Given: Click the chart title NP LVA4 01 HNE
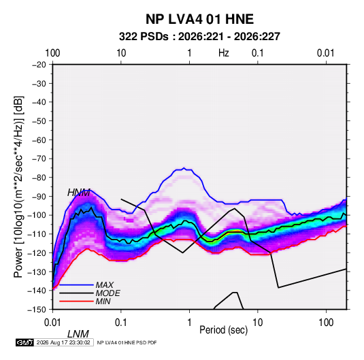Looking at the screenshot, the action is pos(199,19).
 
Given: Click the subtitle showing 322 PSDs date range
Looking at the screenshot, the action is pos(199,37).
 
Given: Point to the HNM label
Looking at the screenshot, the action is pos(79,193).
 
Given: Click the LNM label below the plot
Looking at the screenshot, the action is pos(78,334).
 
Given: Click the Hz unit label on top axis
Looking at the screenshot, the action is pos(224,53).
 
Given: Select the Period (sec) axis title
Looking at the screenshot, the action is pos(224,330).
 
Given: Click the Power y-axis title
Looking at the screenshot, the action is pos(18,186).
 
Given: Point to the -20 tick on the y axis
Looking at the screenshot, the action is pos(39,65).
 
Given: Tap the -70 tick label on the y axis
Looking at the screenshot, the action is pos(39,159).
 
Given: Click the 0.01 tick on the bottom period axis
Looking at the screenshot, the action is pos(52,323).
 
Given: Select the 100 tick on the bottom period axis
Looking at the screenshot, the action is pos(326,323).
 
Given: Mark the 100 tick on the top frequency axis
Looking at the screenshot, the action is pos(52,53).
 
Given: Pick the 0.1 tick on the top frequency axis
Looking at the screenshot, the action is pos(258,53).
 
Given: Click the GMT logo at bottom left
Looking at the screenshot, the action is pos(24,342).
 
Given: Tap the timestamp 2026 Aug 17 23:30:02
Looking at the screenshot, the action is pos(63,342).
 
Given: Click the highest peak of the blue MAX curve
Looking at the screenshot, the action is pos(184,167).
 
